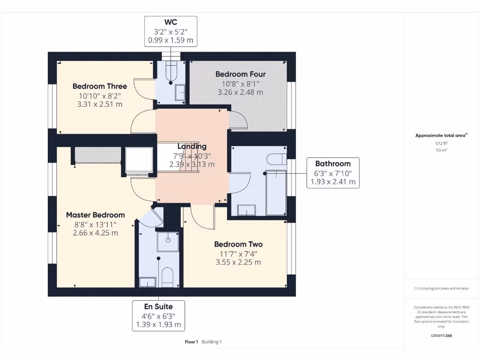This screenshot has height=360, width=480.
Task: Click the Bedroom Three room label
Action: pos(99,86)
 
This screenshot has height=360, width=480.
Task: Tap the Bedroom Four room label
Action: pos(240,74)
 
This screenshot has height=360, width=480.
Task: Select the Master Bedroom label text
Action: pos(95,215)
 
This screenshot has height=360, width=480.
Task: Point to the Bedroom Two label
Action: pos(238,244)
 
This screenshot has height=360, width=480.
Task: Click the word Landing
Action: pos(192,147)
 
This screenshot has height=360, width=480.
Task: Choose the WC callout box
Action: pos(170,31)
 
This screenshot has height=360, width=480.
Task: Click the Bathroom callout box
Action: pos(333,172)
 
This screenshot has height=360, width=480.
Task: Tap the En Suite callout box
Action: pos(158,315)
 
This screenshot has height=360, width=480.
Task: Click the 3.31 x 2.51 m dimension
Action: pos(99,104)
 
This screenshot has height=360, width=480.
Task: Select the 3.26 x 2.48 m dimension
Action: pos(240,92)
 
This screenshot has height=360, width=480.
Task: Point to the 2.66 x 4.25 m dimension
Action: pos(95,232)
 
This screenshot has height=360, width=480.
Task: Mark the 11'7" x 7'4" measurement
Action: pos(238,254)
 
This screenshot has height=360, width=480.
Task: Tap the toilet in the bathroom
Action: pos(276,157)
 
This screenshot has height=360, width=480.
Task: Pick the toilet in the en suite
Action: pos(167,277)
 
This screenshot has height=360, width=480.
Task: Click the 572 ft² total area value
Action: pos(441,143)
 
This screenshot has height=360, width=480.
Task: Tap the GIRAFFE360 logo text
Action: pos(441,336)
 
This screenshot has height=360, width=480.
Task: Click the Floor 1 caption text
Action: pos(191,342)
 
